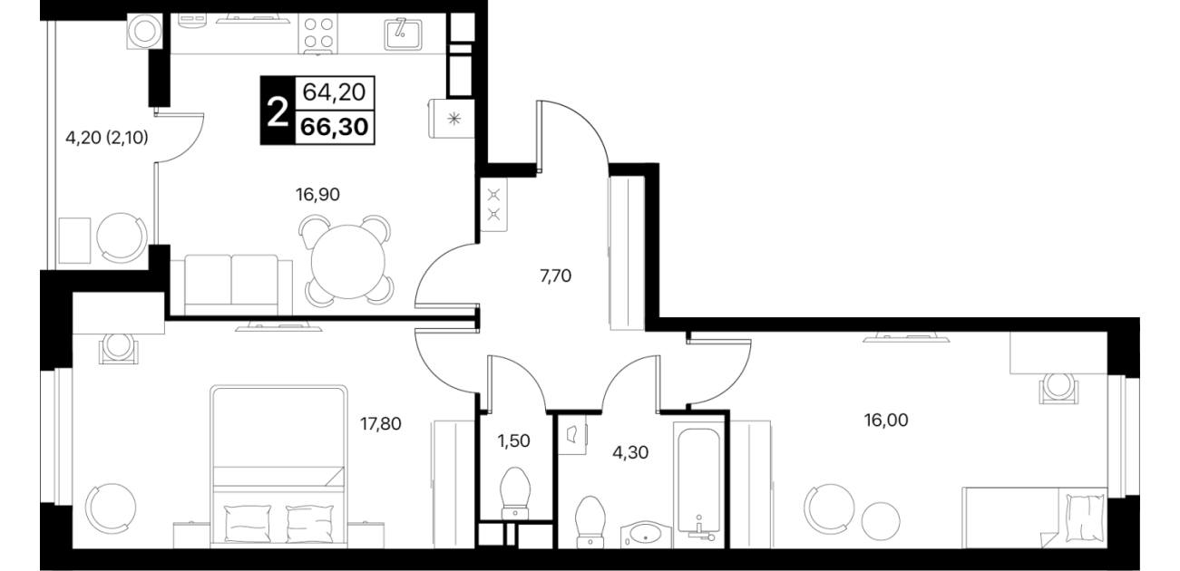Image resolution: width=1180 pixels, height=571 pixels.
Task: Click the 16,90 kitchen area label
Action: click(317, 195)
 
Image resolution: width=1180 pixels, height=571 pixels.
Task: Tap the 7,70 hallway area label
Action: click(555, 276)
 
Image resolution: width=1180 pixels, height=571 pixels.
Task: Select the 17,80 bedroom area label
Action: click(380, 423)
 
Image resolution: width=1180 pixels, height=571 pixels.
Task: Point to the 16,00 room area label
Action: click(886, 420)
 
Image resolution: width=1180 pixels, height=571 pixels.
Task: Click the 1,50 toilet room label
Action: click(514, 441)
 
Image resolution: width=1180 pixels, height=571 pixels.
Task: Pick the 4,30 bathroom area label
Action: click(630, 452)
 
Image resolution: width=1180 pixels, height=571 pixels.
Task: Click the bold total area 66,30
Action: click(335, 127)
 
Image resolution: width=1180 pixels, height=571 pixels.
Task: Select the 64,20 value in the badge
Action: click(334, 92)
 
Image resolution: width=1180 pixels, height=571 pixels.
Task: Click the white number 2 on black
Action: click(278, 113)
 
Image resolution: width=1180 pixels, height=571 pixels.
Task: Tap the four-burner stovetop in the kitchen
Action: click(318, 33)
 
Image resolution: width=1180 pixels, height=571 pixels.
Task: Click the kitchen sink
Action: click(404, 33)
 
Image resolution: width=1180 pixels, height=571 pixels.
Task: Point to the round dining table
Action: click(346, 262)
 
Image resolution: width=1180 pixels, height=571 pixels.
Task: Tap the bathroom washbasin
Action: click(646, 535)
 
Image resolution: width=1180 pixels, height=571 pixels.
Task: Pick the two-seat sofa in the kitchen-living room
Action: click(231, 285)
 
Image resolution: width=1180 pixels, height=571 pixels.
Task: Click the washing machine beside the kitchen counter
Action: click(145, 32)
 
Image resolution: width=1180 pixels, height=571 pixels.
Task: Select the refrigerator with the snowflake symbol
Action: click(452, 119)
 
